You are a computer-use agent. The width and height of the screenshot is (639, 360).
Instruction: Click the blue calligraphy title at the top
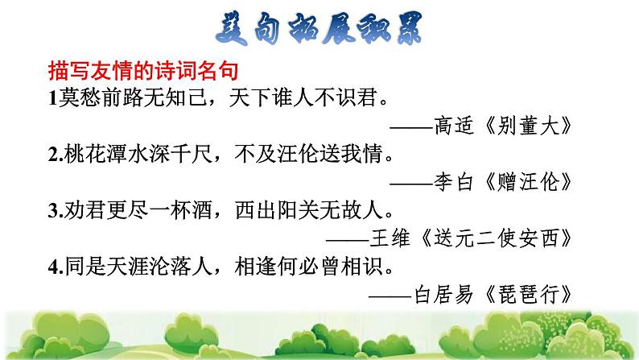click(x=319, y=28)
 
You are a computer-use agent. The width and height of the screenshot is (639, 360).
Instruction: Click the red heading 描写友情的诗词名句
click(x=143, y=71)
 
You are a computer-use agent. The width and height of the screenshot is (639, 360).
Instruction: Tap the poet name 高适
click(x=454, y=125)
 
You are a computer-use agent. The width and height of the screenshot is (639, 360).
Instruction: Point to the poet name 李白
click(x=454, y=181)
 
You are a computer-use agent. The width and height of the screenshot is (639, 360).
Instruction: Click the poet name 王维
click(x=390, y=238)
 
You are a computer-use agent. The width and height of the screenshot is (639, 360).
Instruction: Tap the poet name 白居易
click(x=443, y=294)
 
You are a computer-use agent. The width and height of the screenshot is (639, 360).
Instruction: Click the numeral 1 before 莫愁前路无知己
click(x=52, y=98)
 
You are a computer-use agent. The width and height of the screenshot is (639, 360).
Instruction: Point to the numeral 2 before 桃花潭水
click(x=54, y=155)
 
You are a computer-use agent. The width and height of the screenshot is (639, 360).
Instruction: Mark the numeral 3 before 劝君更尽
click(x=54, y=211)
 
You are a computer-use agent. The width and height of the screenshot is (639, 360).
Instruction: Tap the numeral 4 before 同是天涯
click(x=54, y=267)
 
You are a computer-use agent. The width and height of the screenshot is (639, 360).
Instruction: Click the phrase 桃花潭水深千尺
click(x=138, y=154)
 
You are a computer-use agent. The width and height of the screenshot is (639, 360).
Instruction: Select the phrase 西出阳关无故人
click(x=309, y=210)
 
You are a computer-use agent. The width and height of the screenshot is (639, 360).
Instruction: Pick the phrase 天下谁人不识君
click(x=303, y=97)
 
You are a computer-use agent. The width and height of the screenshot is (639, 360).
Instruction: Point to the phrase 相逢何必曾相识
click(x=309, y=267)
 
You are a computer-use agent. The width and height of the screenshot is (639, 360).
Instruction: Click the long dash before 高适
click(x=411, y=126)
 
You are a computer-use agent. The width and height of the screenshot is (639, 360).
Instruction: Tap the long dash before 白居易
click(x=390, y=296)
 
